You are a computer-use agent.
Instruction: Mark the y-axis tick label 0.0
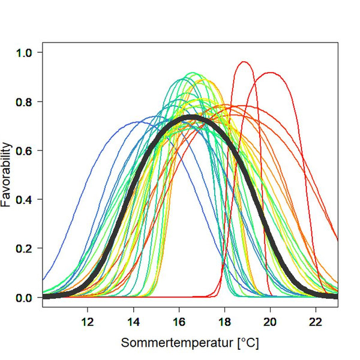pos(25,298)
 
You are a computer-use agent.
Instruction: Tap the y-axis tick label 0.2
pos(25,248)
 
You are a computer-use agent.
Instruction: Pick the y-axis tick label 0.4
pos(25,199)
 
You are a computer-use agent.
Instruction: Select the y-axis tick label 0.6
pos(25,151)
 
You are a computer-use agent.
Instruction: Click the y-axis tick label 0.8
pos(25,101)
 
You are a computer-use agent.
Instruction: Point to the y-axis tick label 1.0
pos(25,52)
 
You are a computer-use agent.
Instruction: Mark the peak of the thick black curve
pos(190,117)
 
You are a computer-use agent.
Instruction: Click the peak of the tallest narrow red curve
pos(244,62)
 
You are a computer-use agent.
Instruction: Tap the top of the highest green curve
pos(192,73)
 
